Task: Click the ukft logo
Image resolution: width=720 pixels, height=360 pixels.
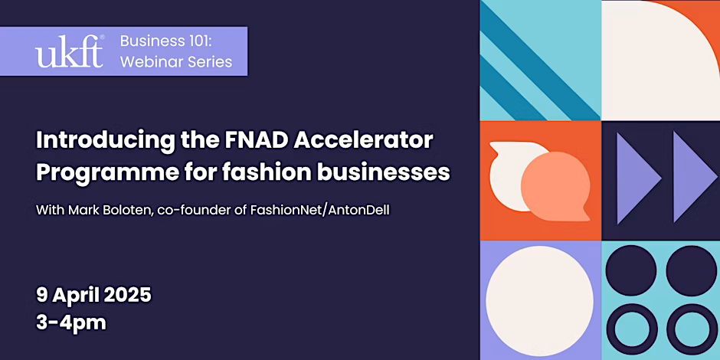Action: pyautogui.click(x=70, y=51)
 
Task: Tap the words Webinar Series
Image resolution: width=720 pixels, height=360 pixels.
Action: pyautogui.click(x=176, y=61)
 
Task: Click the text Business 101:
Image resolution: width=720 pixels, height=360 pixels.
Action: pyautogui.click(x=165, y=41)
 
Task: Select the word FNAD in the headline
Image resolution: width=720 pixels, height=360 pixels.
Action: pyautogui.click(x=257, y=140)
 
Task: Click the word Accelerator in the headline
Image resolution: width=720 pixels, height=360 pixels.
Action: pyautogui.click(x=363, y=140)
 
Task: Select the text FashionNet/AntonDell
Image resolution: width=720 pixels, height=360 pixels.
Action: pyautogui.click(x=319, y=211)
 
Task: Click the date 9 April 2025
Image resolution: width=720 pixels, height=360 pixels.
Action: pyautogui.click(x=93, y=295)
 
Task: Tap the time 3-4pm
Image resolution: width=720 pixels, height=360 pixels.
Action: pyautogui.click(x=71, y=322)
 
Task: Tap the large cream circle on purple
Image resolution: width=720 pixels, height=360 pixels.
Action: pyautogui.click(x=539, y=300)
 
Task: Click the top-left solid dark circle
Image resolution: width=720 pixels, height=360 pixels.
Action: pyautogui.click(x=631, y=270)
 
